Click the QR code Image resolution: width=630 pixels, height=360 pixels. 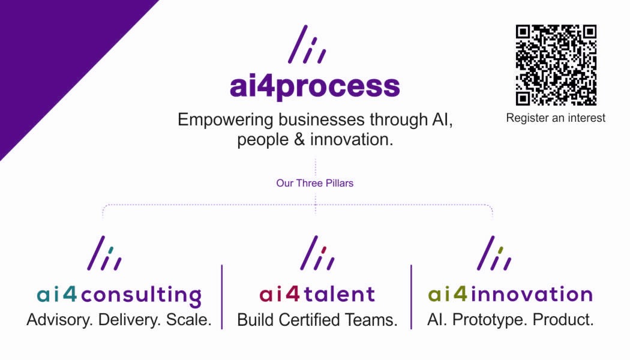556,65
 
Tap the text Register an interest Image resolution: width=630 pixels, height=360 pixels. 556,118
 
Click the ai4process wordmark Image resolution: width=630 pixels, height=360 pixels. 315,86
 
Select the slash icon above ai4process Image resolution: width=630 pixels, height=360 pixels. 307,44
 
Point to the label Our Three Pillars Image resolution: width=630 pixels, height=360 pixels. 314,183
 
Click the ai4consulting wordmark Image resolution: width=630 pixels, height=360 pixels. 119,296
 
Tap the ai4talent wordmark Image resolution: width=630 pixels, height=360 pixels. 317,294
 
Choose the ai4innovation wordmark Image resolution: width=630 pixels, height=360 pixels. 510,294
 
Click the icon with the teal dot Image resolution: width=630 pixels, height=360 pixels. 104,253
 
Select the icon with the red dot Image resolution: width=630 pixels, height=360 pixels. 317,253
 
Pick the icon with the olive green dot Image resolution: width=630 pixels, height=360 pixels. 494,253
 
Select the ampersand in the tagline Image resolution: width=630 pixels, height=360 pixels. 299,140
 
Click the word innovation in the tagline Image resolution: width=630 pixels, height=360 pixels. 352,140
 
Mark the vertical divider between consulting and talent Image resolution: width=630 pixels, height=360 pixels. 222,297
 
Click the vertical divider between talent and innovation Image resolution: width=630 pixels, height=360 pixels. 411,297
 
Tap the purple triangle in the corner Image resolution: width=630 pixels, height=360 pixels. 52,52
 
